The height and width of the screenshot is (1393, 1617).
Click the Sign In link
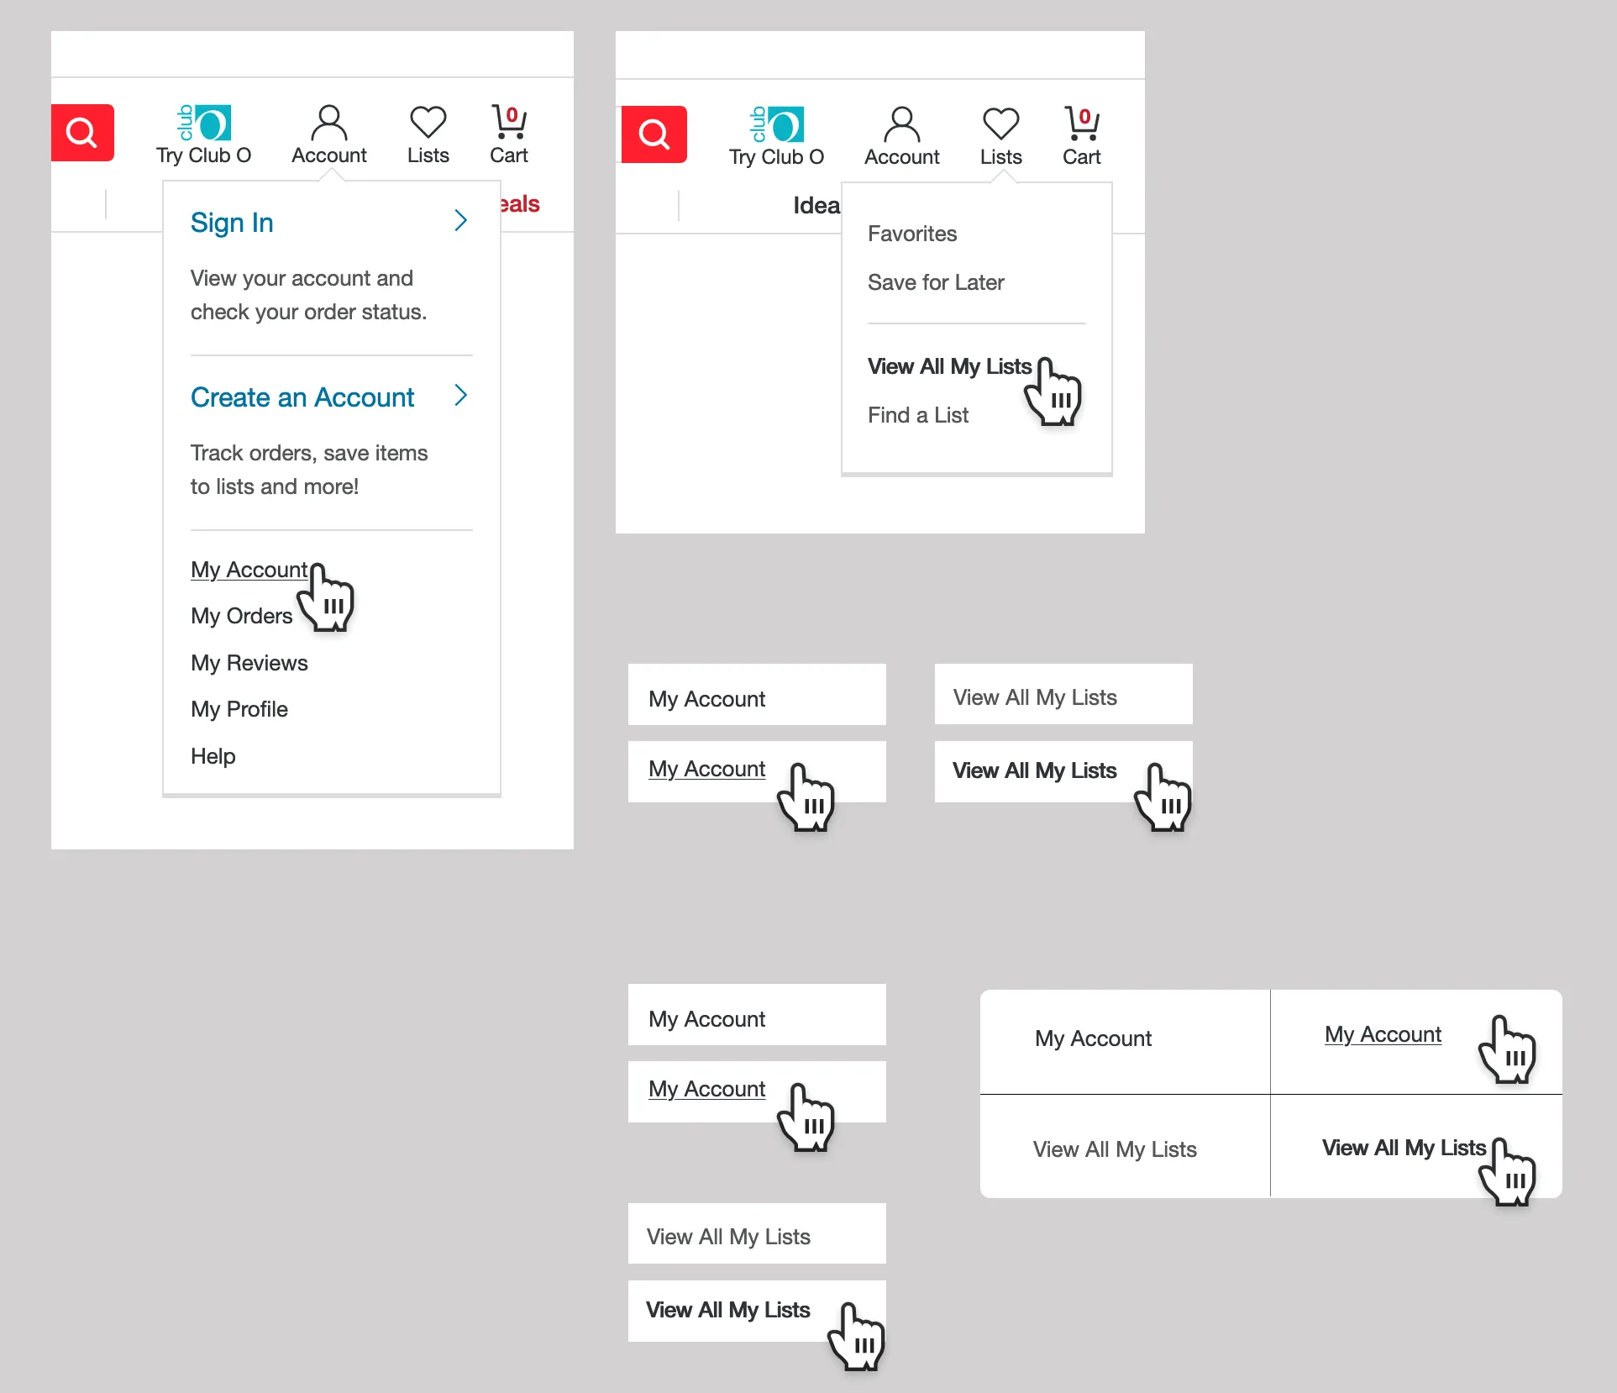232,223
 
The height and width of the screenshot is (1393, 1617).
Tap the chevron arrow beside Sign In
460,221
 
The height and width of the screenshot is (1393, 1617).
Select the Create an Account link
302,397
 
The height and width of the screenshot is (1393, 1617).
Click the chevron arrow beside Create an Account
460,396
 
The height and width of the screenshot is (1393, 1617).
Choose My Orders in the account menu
241,616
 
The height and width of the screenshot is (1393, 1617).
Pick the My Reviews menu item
249,663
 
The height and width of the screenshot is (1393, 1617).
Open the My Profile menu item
239,709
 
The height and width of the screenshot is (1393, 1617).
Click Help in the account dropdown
213,756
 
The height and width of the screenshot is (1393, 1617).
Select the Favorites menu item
912,234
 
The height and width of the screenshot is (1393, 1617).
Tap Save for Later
936,282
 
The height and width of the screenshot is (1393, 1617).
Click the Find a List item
918,415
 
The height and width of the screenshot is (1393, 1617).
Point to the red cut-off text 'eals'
520,204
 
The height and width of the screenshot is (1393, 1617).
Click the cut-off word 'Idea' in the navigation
816,206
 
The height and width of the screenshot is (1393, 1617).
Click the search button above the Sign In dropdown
82,133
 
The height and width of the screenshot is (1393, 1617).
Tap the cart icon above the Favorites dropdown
1082,124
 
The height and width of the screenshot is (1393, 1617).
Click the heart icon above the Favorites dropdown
1001,124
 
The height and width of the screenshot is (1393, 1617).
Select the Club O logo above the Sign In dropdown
204,123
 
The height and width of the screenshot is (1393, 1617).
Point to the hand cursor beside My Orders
328,598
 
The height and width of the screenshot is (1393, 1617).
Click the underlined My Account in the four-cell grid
1383,1034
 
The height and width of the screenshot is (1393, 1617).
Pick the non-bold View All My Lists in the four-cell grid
1115,1149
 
